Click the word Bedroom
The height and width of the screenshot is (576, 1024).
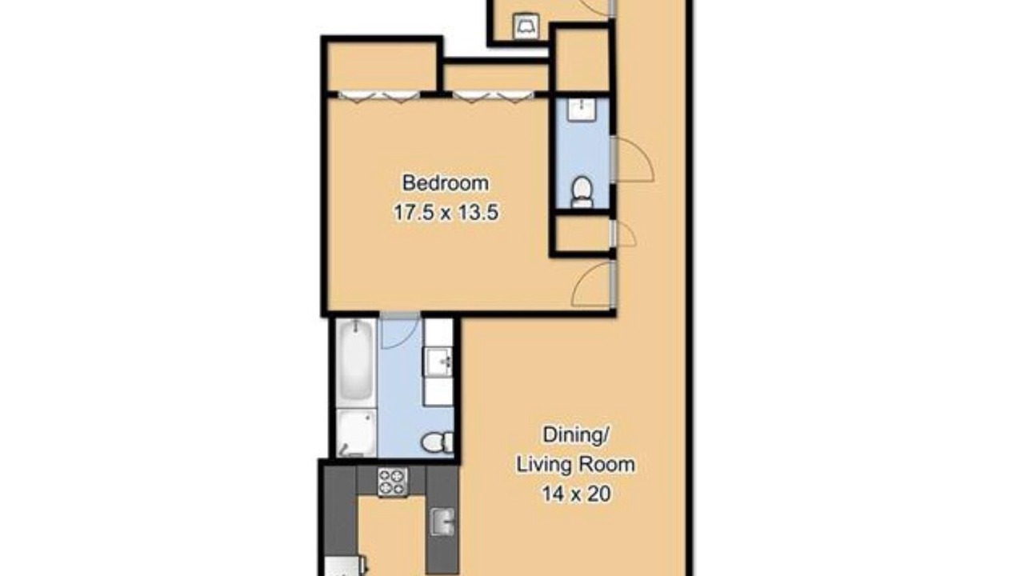(x=446, y=183)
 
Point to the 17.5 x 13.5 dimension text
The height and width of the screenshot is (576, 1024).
(x=446, y=213)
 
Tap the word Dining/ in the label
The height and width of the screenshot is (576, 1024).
(x=575, y=434)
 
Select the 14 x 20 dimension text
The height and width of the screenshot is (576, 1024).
(x=576, y=494)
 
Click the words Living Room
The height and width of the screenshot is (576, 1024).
(x=575, y=465)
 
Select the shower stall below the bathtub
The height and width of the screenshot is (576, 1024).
(x=357, y=433)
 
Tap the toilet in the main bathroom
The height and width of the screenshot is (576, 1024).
(x=437, y=442)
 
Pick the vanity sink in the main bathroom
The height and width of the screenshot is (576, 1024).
(x=439, y=362)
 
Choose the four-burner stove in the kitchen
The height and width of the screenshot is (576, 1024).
(x=393, y=482)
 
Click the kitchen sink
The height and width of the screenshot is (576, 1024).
(x=442, y=522)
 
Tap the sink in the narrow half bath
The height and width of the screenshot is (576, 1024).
(x=582, y=110)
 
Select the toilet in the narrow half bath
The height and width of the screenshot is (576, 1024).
(x=582, y=192)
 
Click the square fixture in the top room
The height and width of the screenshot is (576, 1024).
(x=526, y=26)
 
